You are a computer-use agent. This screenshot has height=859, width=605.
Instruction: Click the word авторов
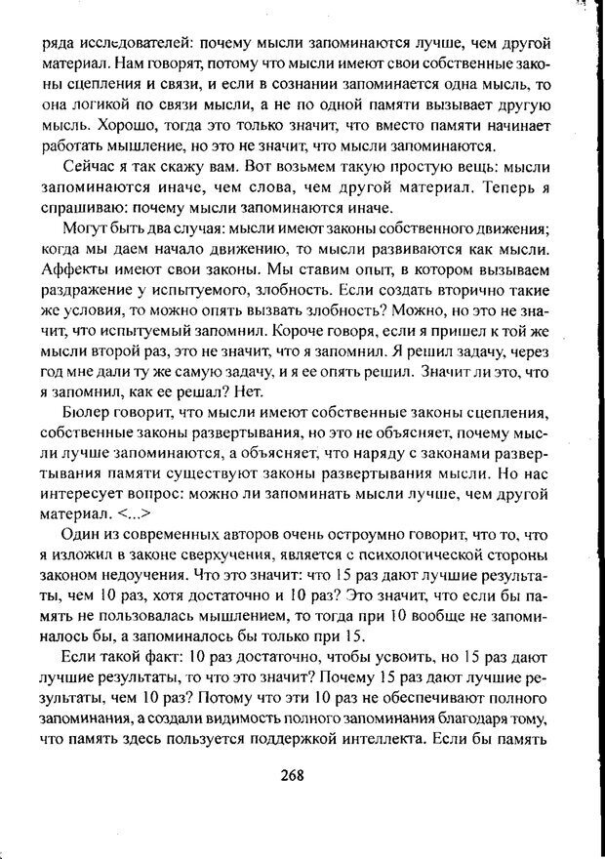click(256, 536)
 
